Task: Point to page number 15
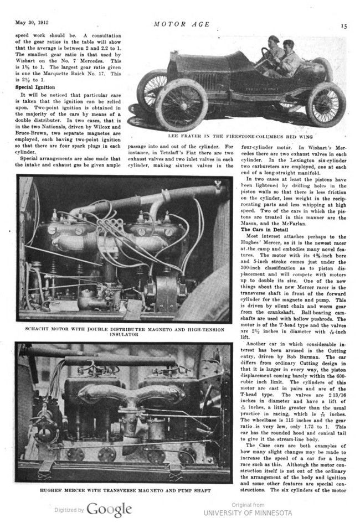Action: point(343,25)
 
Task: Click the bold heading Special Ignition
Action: point(34,87)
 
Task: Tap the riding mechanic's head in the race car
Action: point(287,44)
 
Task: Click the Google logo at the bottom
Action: point(109,509)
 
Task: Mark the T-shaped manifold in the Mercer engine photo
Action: point(127,392)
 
